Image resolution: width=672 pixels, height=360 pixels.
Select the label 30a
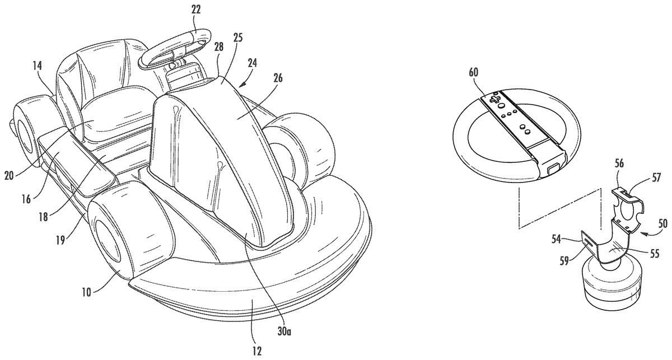point(284,331)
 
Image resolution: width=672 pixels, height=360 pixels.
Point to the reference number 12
point(257,350)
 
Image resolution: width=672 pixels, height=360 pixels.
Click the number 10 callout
point(86,292)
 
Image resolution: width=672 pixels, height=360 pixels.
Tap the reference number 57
point(656,177)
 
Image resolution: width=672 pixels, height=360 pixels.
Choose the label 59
point(564,261)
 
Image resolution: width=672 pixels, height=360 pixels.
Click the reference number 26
point(278,78)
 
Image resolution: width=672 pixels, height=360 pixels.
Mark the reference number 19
point(61,240)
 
